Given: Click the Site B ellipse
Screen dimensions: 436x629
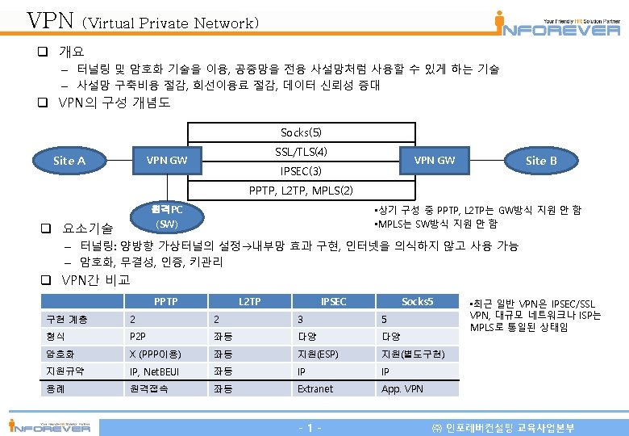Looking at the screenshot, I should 541,160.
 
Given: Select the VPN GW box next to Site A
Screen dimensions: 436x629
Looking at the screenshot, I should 166,160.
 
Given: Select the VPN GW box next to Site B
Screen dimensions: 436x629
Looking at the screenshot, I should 434,160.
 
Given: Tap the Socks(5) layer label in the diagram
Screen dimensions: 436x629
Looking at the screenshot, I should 301,132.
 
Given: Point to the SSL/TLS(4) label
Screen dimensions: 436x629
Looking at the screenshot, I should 301,152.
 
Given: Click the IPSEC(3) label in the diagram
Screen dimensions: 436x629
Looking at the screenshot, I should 301,171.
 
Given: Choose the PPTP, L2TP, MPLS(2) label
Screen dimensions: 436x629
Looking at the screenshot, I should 301,191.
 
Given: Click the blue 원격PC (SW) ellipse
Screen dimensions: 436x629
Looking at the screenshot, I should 167,216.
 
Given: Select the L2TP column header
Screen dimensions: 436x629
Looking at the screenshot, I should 249,301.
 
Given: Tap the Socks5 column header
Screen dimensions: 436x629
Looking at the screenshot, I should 417,301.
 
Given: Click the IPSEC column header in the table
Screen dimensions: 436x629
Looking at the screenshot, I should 333,301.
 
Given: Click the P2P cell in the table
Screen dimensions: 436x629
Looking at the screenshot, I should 139,336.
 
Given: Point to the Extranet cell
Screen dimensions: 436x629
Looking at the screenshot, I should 314,388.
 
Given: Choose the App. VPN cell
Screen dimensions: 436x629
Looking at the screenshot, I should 402,388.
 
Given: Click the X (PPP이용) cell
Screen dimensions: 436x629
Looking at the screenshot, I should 156,354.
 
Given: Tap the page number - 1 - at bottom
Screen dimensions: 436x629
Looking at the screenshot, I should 310,426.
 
